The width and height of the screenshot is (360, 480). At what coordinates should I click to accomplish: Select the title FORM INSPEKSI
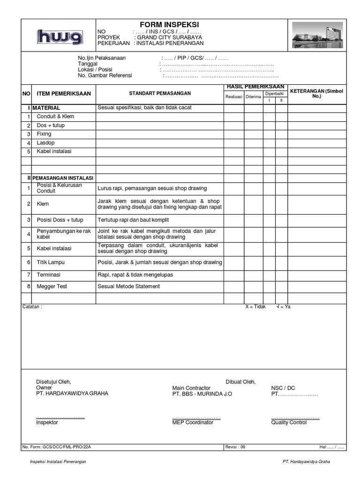[170, 24]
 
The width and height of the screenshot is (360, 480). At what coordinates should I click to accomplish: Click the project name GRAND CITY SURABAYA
[169, 37]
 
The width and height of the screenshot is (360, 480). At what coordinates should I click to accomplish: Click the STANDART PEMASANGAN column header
[159, 94]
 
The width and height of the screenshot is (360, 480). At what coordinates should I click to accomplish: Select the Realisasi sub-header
[233, 97]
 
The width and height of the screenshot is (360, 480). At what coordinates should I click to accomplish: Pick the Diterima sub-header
[253, 97]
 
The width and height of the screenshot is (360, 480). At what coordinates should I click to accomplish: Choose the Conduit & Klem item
[55, 116]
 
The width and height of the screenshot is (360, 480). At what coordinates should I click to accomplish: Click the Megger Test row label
[51, 286]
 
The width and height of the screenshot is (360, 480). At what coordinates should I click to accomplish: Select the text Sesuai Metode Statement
[128, 286]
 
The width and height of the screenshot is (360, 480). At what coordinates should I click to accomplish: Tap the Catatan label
[32, 307]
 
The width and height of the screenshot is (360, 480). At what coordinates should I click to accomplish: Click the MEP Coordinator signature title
[193, 422]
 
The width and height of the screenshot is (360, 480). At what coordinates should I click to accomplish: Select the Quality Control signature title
[289, 422]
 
